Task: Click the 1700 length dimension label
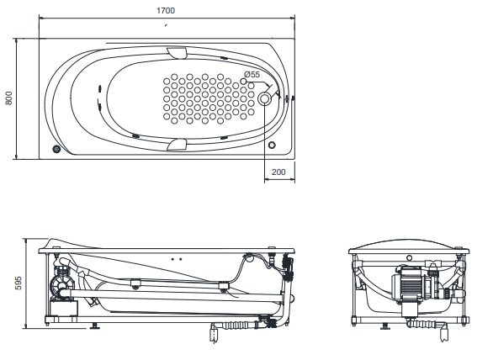pos(166,11)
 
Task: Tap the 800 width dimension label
pos(8,98)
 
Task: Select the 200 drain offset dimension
pos(278,172)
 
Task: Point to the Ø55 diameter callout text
pos(252,74)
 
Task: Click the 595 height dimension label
pos(18,283)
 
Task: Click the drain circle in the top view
pos(264,98)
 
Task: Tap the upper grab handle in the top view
pos(177,52)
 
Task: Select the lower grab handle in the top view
pos(177,144)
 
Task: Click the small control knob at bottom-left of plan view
pos(56,149)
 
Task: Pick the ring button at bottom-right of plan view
pos(272,145)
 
